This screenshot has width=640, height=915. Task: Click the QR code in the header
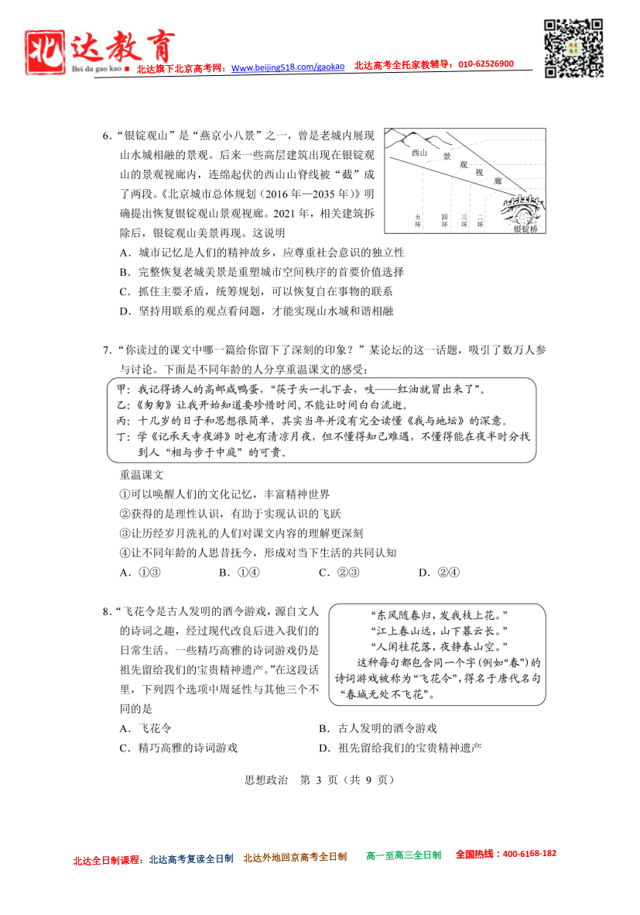point(573,48)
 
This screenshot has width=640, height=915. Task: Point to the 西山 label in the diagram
point(419,153)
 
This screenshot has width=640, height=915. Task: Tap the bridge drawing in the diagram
point(520,208)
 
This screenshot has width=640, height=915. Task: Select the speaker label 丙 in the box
point(121,421)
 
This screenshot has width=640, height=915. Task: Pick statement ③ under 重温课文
point(241,533)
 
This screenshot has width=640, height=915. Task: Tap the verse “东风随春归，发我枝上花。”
point(438,614)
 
